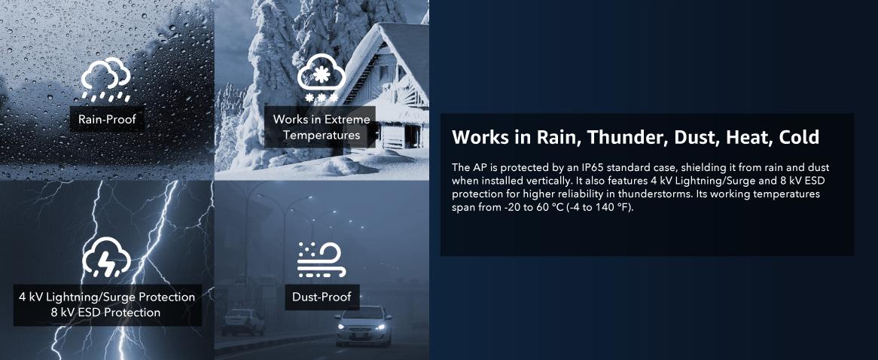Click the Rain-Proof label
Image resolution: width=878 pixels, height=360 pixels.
point(107,119)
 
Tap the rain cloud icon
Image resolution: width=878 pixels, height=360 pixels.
point(106,79)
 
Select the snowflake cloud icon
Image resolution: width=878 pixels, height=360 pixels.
point(322,81)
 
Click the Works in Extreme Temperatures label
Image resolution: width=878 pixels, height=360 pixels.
point(322,127)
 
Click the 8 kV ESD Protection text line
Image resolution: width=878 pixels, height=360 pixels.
point(105,313)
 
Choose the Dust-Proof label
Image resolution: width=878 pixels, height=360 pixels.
point(322,297)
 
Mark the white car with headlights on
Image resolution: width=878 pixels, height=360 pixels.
point(363,325)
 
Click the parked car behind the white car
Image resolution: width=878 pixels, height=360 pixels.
point(242,322)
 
